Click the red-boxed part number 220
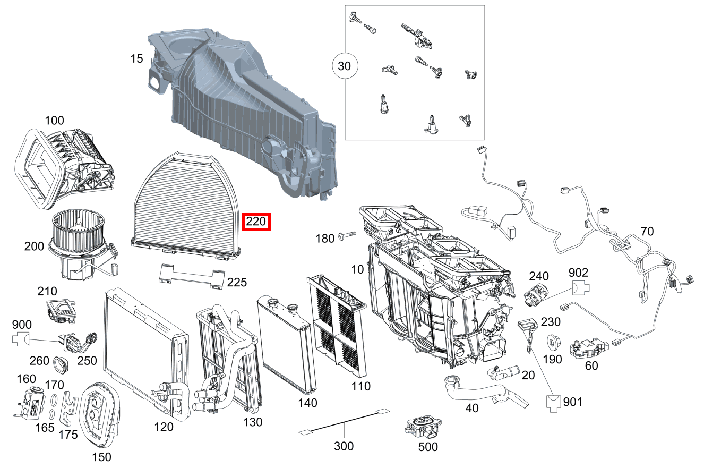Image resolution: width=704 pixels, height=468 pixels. tap(256, 222)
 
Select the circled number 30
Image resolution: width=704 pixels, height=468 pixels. tap(345, 66)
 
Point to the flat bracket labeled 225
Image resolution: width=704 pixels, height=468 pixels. tap(191, 276)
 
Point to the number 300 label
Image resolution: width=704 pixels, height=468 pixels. tap(344, 446)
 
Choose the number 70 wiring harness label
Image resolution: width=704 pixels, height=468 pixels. tap(647, 231)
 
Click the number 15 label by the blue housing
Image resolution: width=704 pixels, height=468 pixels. tap(136, 58)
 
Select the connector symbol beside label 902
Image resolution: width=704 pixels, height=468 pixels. tap(581, 289)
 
